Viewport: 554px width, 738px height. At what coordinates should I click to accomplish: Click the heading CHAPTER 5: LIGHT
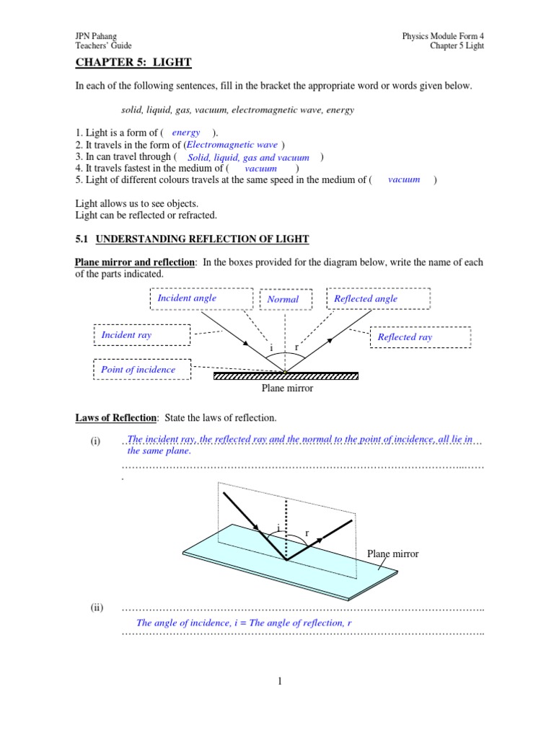click(x=133, y=63)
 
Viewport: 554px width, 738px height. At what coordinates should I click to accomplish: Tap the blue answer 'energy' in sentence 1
click(x=186, y=133)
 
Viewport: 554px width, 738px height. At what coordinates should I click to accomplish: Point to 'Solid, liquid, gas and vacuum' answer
click(x=248, y=157)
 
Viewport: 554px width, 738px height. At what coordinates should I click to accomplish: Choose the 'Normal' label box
click(x=283, y=299)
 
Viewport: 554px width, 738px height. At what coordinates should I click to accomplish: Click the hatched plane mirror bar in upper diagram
click(x=286, y=375)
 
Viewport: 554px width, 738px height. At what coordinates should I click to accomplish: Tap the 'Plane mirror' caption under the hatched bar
click(x=287, y=388)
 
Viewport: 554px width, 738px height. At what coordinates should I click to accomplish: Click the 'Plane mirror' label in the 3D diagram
click(x=392, y=553)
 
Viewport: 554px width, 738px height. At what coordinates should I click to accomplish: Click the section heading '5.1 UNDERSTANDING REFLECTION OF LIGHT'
click(x=192, y=239)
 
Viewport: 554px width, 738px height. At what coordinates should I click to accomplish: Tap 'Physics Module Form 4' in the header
click(x=443, y=36)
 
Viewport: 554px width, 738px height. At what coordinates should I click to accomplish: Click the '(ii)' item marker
click(x=97, y=608)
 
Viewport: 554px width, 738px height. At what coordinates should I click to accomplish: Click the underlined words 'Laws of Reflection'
click(x=115, y=418)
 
